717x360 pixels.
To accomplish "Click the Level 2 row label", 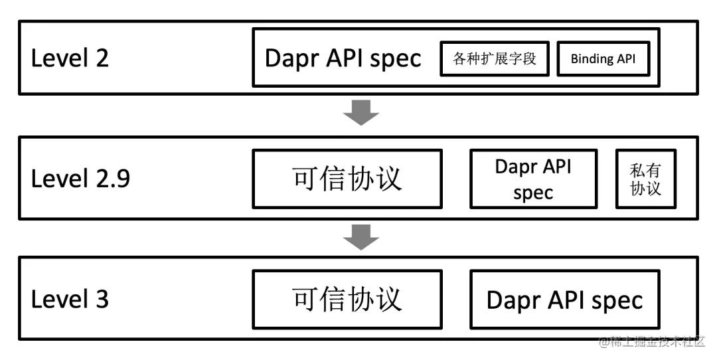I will click(x=70, y=58).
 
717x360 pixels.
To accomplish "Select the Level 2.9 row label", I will click(x=80, y=178).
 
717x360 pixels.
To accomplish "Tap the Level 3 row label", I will click(x=70, y=299).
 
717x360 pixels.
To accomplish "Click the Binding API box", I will click(x=602, y=58).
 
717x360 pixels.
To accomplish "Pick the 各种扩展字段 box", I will click(x=495, y=58).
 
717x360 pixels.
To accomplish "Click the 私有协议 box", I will click(x=645, y=179).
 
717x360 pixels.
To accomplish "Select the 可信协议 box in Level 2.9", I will click(x=347, y=178).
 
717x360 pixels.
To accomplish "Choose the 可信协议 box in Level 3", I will click(x=347, y=299).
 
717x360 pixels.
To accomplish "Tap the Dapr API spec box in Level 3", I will click(x=564, y=299).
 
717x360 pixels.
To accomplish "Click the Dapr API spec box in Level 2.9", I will click(x=533, y=179).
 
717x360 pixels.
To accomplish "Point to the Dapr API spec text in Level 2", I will click(x=343, y=58).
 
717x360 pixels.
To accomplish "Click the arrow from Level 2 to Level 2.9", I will click(x=360, y=113).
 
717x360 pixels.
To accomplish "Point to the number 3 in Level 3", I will click(x=102, y=299).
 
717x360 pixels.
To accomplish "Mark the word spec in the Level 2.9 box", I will click(x=533, y=193).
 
